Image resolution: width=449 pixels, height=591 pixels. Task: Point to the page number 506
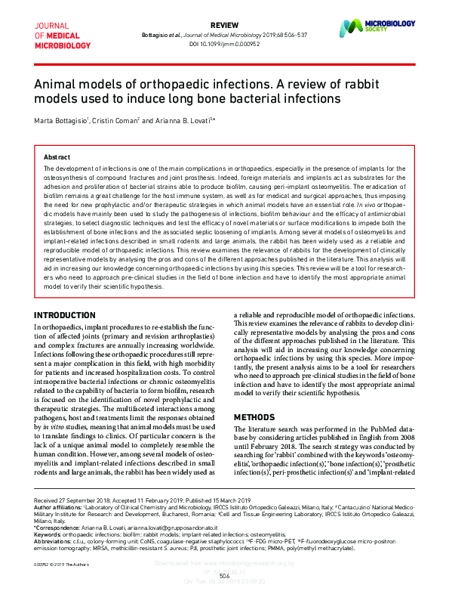(224, 575)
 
